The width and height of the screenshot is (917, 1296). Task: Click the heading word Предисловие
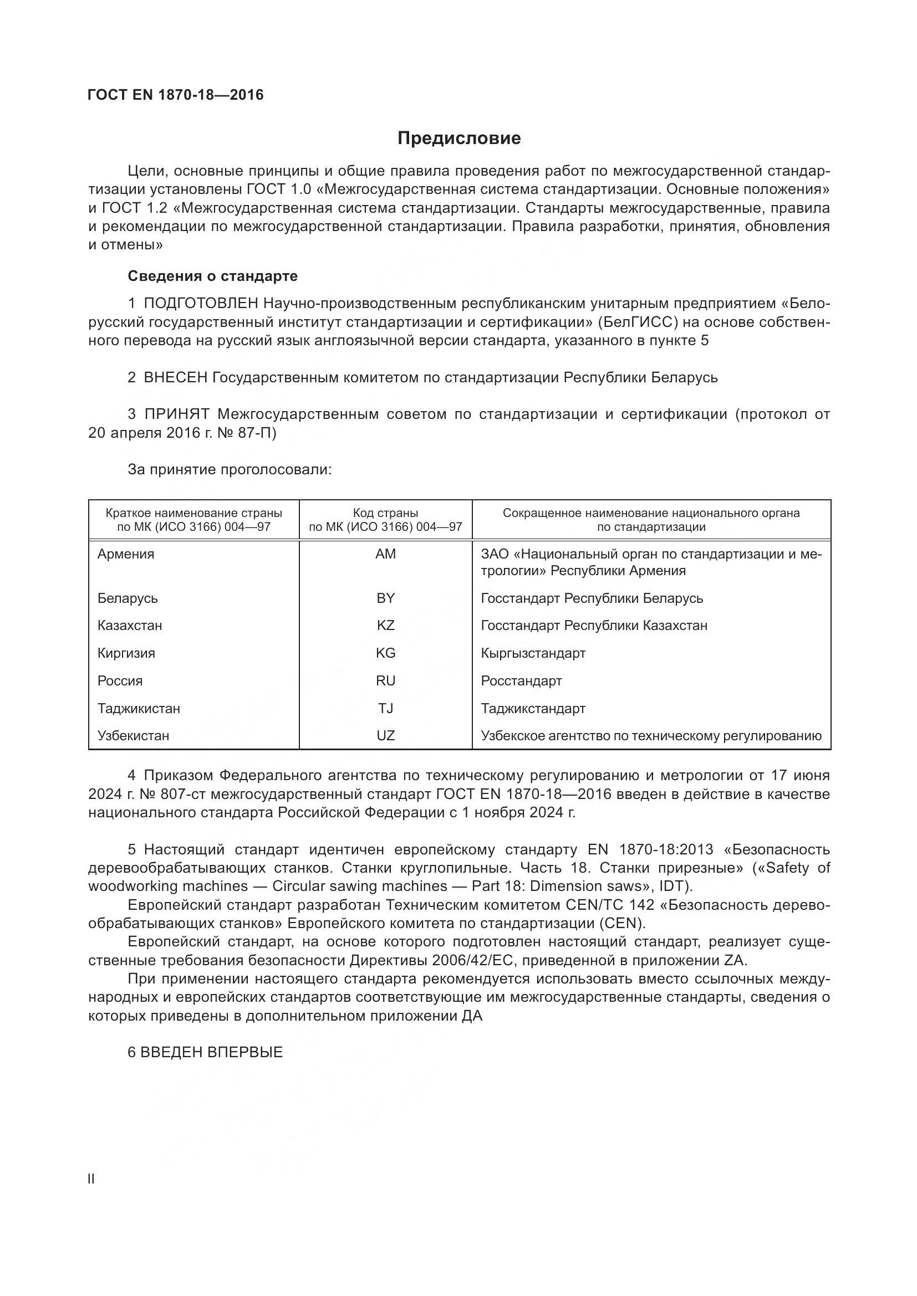(459, 139)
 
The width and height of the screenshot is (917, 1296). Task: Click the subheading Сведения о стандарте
(212, 276)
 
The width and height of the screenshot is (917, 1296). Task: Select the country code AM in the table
(386, 554)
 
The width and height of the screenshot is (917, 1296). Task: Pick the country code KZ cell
(386, 626)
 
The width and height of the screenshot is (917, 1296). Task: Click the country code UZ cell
(386, 735)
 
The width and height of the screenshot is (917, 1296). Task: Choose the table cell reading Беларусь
(128, 598)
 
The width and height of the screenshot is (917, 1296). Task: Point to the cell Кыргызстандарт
(533, 653)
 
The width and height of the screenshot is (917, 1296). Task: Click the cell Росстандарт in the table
(521, 681)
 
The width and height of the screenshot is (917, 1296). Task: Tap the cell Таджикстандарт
(533, 709)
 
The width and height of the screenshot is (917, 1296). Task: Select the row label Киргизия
(126, 653)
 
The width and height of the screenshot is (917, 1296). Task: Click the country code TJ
(386, 709)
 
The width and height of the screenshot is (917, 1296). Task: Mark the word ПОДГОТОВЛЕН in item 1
(201, 304)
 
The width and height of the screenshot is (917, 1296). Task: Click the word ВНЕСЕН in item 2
(176, 378)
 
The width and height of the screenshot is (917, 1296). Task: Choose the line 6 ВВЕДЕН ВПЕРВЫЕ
(205, 1053)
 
